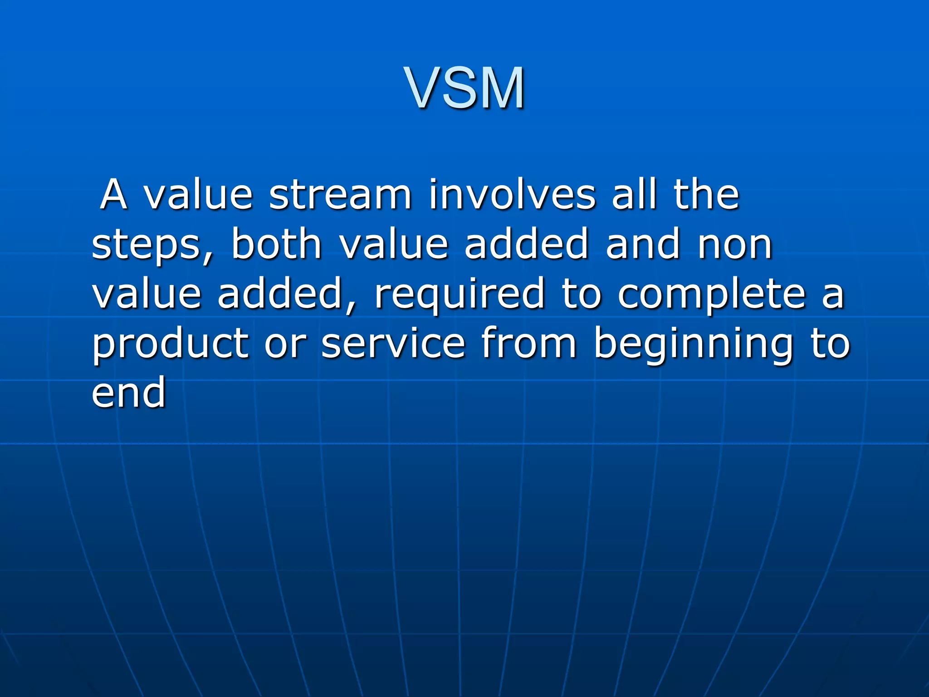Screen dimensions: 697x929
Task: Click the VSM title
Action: point(465,88)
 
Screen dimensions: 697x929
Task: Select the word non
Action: point(735,245)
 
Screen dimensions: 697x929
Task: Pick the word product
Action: point(171,345)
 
